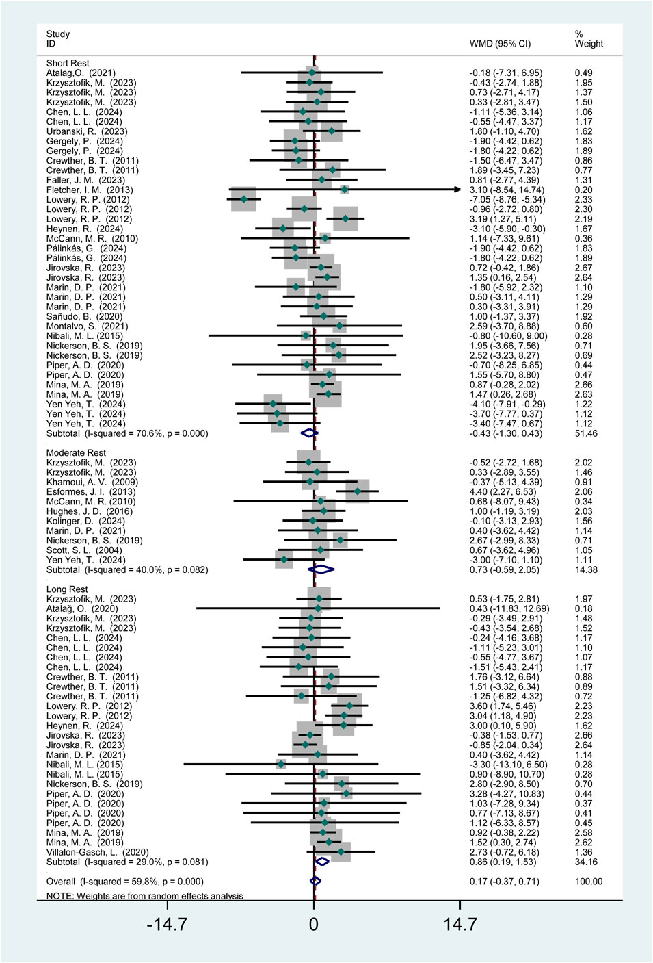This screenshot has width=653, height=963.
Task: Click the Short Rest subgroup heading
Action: point(68,63)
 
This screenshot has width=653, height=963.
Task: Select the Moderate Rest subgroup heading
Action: point(76,452)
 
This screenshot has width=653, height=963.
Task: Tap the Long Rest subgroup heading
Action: point(67,589)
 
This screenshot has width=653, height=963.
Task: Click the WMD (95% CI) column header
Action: point(500,44)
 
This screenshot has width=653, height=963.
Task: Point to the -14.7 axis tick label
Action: point(167,925)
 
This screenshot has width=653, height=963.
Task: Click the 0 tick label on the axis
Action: point(314,925)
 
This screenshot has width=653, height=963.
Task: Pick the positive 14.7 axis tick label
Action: point(459,925)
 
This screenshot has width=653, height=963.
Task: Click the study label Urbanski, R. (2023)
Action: point(87,131)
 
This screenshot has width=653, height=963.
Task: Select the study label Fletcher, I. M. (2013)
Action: point(90,190)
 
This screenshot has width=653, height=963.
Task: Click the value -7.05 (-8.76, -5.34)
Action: point(507,199)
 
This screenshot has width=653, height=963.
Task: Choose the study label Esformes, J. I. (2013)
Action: point(91,491)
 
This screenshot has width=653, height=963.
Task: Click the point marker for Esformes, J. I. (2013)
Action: point(358,491)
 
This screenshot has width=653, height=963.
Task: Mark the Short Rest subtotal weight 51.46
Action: point(586,433)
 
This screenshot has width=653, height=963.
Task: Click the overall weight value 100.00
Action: point(589,882)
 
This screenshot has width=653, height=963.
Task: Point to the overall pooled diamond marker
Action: point(315,882)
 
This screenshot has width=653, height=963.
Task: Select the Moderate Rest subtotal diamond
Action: point(321,569)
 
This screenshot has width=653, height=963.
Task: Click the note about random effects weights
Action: point(144,896)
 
